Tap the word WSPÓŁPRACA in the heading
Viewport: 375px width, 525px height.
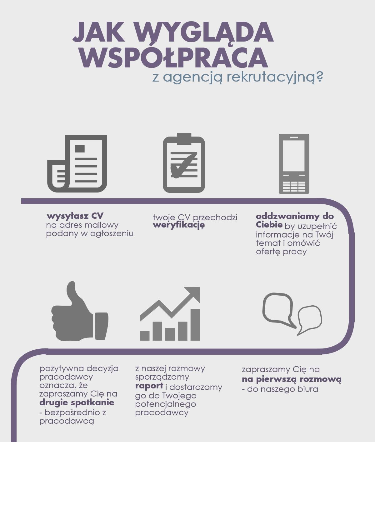tap(174, 58)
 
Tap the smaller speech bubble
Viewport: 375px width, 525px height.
tap(310, 318)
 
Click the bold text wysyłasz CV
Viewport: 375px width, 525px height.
tap(75, 216)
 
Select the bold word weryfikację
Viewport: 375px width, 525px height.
tap(178, 225)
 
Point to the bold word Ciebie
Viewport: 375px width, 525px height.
tap(269, 224)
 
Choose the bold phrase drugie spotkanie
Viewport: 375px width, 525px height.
tap(77, 402)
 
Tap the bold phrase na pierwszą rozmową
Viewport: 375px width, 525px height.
tap(292, 379)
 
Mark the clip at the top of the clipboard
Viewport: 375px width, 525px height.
tap(184, 138)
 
